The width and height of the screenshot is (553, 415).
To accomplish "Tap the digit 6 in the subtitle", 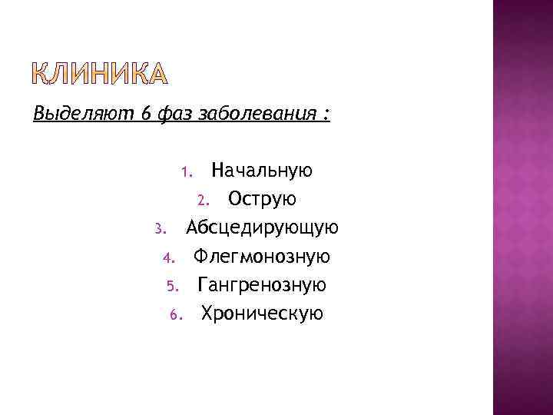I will [145, 115].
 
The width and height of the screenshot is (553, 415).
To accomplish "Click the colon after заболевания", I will [327, 115].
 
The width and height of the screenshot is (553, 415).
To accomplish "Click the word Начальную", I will [262, 170].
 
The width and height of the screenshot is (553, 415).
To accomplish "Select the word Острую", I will [263, 199].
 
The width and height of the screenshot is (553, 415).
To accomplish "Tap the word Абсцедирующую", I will [262, 227].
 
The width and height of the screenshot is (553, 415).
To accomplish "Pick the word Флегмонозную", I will [262, 256].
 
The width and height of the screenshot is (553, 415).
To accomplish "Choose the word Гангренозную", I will [262, 285].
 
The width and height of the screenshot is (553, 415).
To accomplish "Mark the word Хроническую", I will [262, 314].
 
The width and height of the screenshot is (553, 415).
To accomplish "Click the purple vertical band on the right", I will [522, 207].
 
